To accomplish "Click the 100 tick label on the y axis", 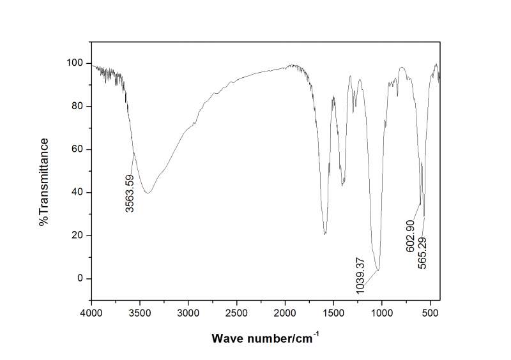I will click(75, 63).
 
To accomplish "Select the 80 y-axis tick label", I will click(78, 106).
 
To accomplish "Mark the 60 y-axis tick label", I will click(78, 149).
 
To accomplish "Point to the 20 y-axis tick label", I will click(78, 236).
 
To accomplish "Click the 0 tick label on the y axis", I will click(80, 279).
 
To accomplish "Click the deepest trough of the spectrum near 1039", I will click(378, 270).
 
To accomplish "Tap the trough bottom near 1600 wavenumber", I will click(325, 234).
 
